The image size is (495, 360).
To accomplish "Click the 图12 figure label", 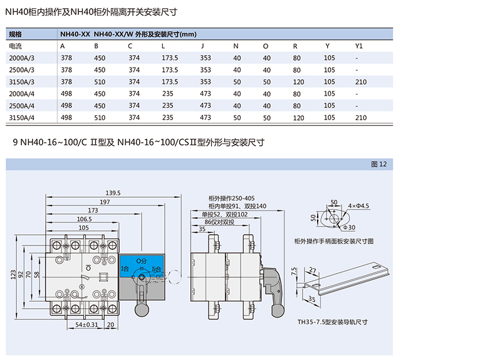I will (380, 164).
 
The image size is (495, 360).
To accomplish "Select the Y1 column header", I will (359, 46).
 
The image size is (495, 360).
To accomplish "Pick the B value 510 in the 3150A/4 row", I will (100, 117).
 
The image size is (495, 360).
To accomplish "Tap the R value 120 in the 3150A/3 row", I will (298, 81).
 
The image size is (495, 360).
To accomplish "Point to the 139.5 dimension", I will (113, 192).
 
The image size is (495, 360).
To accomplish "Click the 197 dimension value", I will (104, 202).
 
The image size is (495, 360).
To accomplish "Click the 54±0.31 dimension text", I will (85, 325).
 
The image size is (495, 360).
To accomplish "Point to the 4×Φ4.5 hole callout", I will (359, 205).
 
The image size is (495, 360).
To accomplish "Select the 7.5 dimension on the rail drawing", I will (294, 271).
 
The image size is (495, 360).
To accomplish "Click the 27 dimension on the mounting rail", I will (312, 270).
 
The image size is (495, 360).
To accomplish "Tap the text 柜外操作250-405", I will (232, 198).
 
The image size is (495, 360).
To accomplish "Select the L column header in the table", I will (164, 46).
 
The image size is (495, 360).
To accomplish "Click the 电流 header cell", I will (16, 46).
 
